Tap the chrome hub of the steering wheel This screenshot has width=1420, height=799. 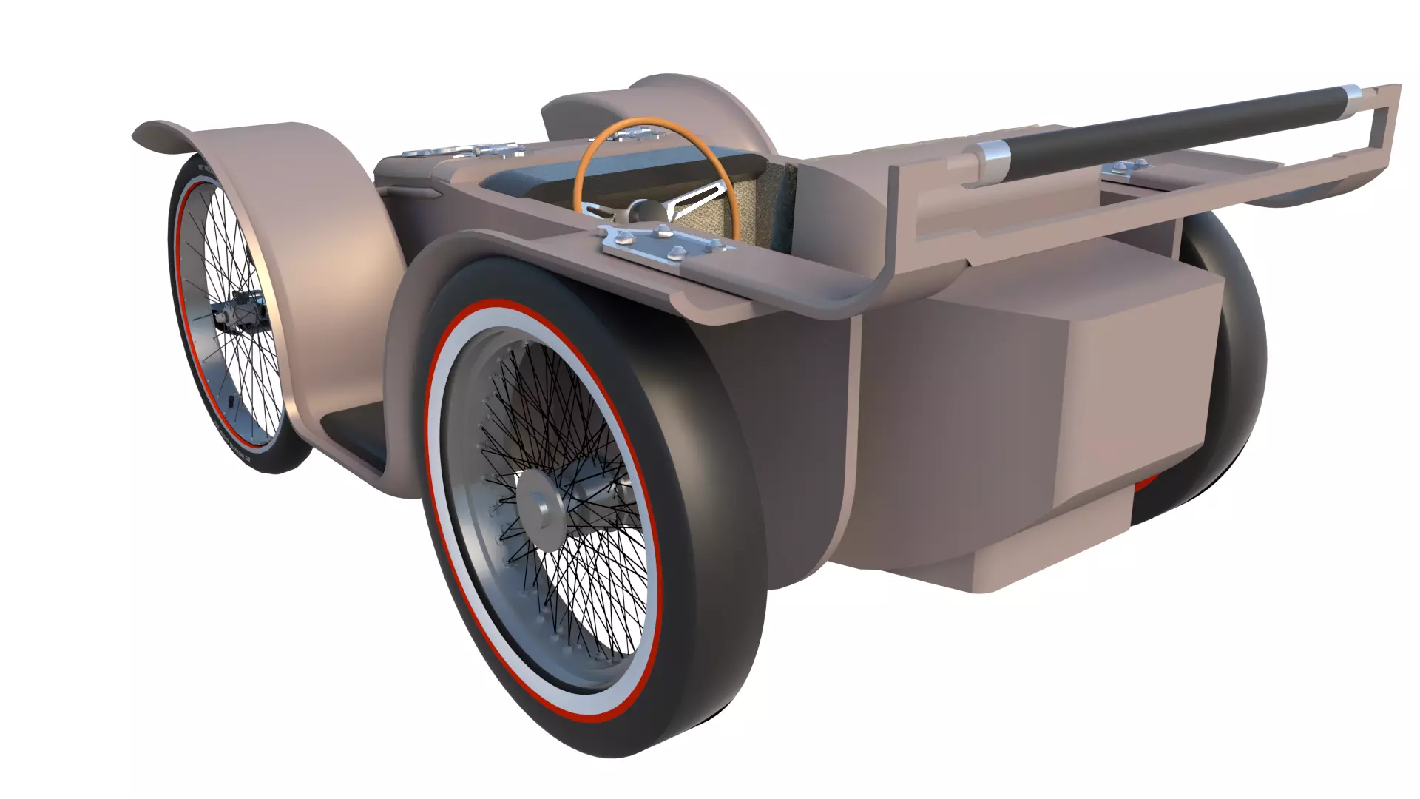point(638,212)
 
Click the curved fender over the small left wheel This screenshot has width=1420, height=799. point(311,222)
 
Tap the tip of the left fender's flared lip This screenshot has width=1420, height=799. point(138,138)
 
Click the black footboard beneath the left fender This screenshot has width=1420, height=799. point(355,429)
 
